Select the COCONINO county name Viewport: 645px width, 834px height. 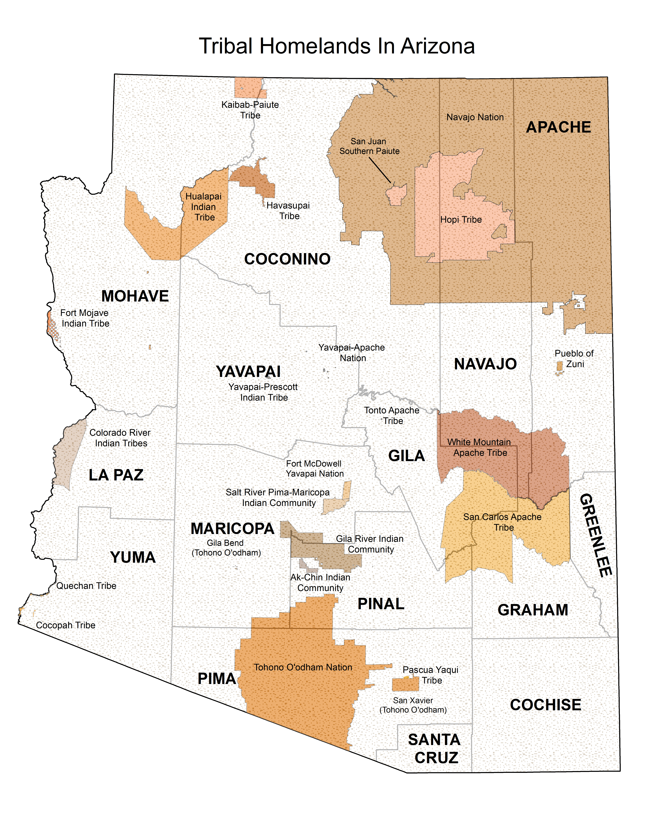click(x=287, y=259)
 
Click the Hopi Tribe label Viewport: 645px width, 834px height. click(x=461, y=220)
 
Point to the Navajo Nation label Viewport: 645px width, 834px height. click(x=475, y=117)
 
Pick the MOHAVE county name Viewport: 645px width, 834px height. click(x=135, y=296)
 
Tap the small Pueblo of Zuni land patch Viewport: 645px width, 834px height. click(x=559, y=367)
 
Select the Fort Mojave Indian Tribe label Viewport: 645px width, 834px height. click(x=85, y=318)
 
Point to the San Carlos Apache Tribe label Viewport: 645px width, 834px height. click(x=502, y=522)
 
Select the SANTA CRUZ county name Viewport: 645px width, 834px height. click(x=435, y=748)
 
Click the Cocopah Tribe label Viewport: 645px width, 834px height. click(x=66, y=625)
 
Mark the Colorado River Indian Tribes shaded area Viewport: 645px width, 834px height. click(x=69, y=454)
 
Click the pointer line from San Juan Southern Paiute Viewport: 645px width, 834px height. click(x=380, y=170)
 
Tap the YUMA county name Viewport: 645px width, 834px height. click(x=133, y=557)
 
